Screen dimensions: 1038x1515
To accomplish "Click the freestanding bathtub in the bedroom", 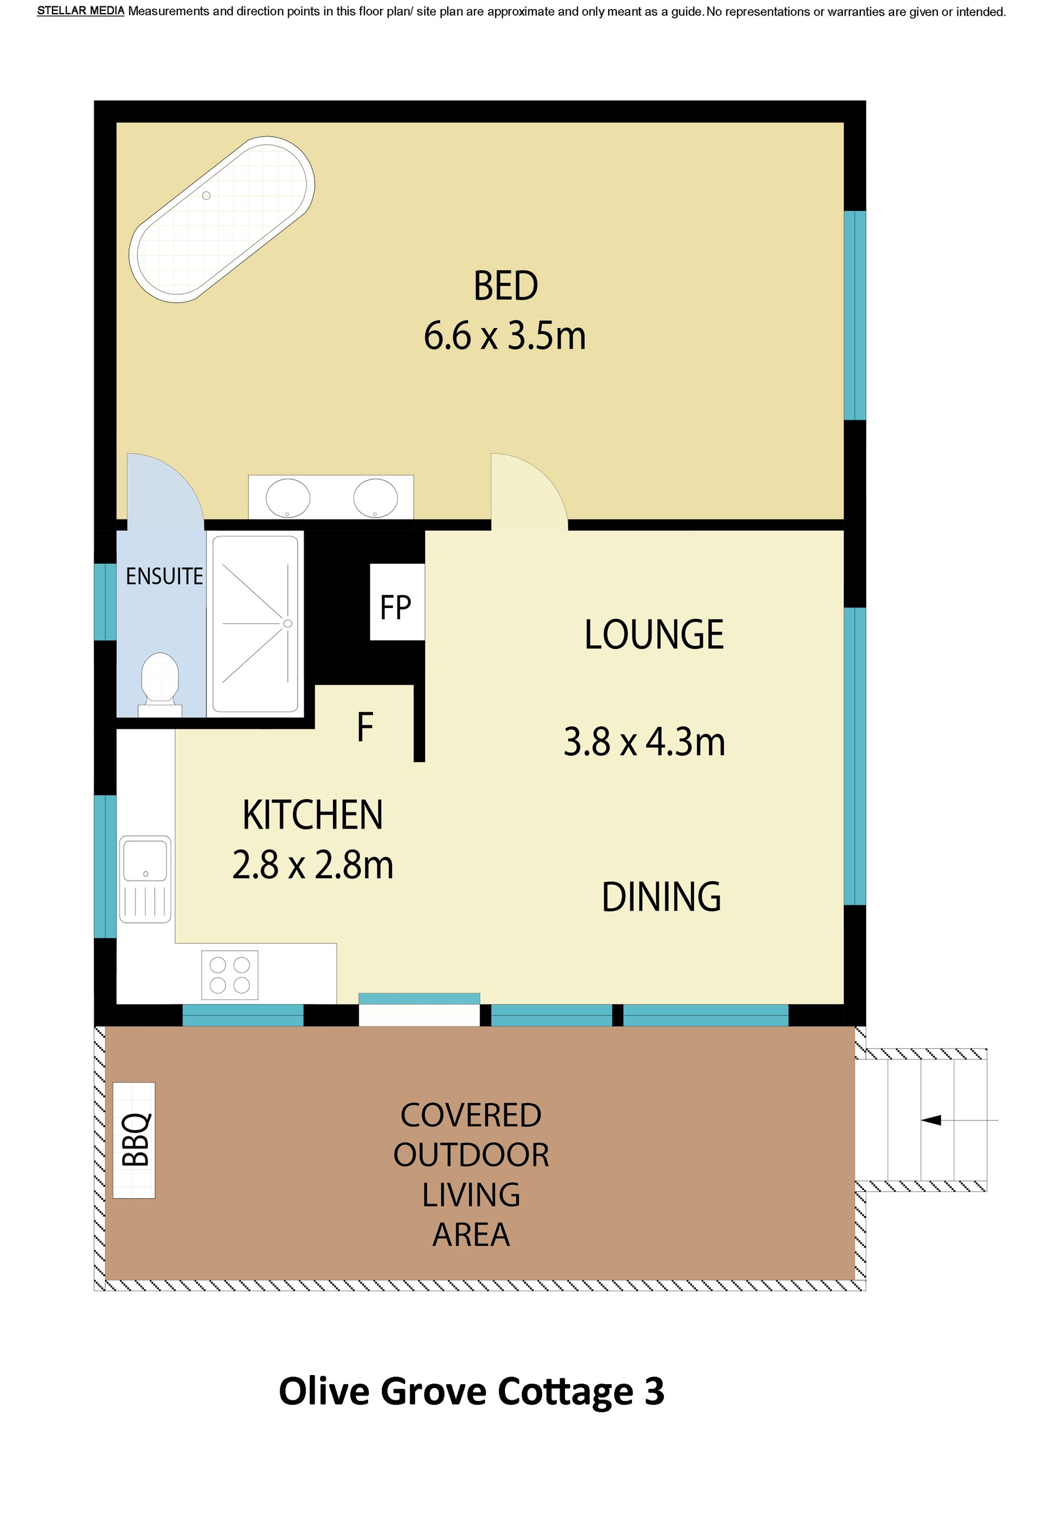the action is point(222,219).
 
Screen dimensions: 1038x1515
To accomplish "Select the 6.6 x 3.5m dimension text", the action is point(504,336).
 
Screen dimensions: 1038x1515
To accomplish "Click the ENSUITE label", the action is point(164,576).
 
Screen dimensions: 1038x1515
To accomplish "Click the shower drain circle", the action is point(288,623).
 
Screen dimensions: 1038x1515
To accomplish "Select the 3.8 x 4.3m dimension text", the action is point(644,742).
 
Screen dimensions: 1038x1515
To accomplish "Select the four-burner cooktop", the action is point(230,975).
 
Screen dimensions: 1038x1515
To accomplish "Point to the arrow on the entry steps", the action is point(959,1120).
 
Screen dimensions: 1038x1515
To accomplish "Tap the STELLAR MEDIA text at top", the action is point(81,11).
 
